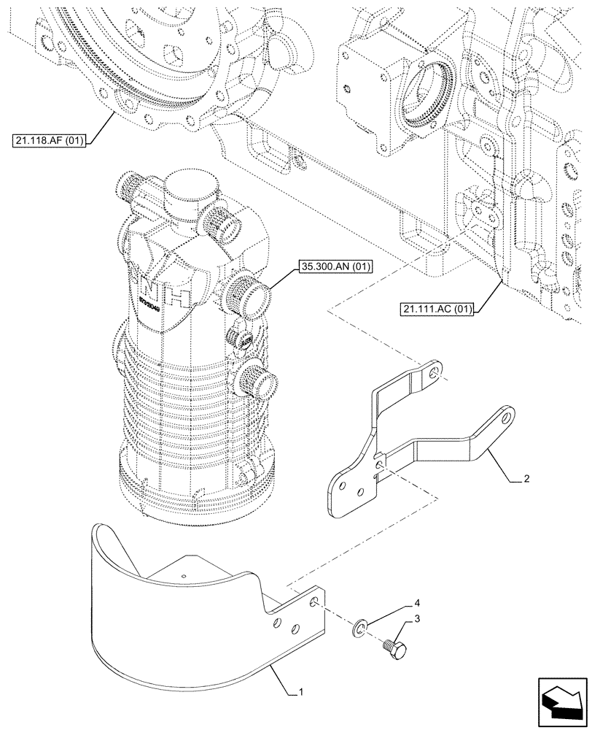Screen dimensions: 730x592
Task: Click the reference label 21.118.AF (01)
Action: click(50, 141)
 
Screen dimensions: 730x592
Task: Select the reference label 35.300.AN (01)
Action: click(335, 267)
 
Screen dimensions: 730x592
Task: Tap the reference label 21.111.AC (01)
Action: click(437, 309)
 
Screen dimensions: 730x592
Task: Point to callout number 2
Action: click(526, 480)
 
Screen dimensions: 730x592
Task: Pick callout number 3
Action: click(416, 619)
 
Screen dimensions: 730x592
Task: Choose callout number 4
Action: click(416, 603)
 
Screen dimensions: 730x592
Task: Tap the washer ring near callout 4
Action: click(365, 626)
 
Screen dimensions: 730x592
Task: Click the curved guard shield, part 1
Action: click(175, 628)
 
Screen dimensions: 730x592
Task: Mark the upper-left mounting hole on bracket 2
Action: click(435, 372)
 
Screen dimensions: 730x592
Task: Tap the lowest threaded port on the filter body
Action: click(259, 380)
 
